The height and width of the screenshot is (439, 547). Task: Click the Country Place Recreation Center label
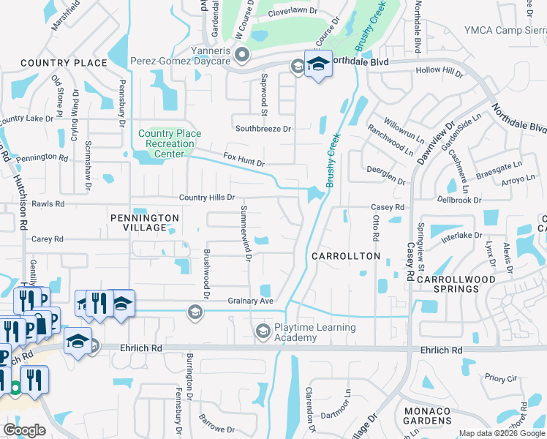pos(170,143)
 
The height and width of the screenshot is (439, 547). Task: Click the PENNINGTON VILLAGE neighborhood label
pos(145,222)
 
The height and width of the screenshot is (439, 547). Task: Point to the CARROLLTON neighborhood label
pos(346,256)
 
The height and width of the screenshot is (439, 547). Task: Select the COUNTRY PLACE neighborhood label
pos(64,63)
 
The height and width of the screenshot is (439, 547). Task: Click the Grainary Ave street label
pos(250,301)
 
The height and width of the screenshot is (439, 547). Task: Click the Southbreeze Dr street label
pos(263,129)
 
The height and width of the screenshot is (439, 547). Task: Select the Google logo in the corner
pos(24,429)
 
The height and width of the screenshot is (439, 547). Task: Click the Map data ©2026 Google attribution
pos(502,433)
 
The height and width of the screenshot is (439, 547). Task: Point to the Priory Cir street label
pos(501,378)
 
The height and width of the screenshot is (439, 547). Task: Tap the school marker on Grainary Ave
pos(195,312)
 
